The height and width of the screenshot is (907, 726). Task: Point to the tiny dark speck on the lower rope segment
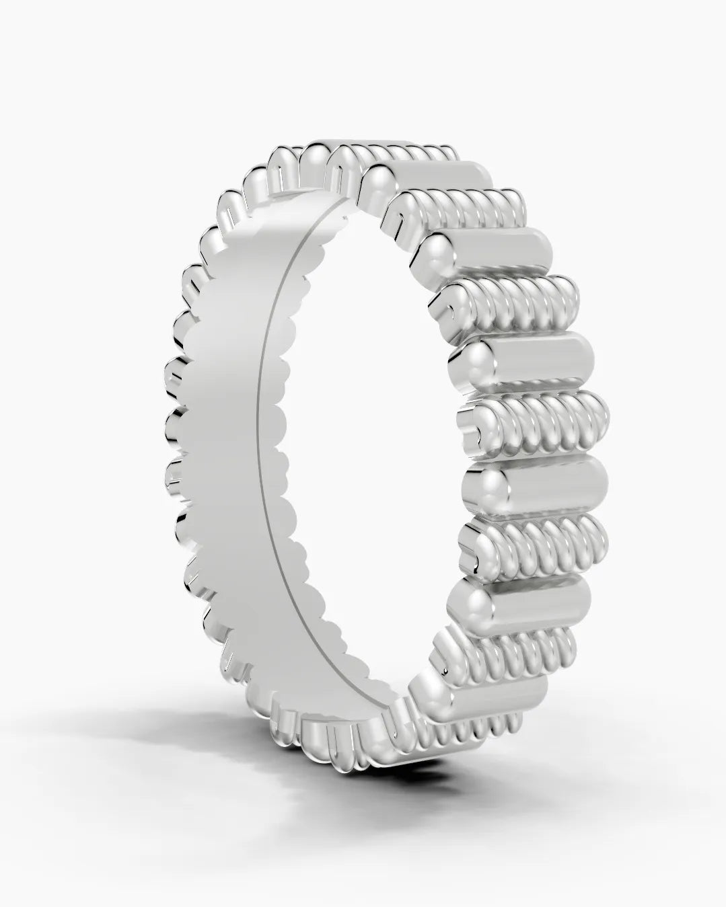pyautogui.click(x=445, y=672)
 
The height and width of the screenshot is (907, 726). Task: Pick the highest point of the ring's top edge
pyautogui.click(x=377, y=142)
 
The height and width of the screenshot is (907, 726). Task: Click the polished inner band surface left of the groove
pyautogui.click(x=229, y=403)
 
